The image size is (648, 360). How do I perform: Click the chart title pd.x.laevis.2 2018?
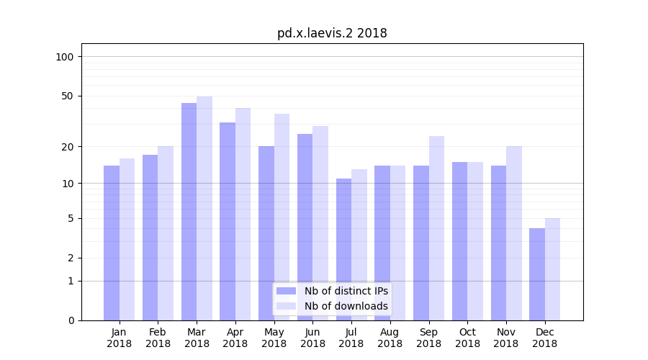click(332, 33)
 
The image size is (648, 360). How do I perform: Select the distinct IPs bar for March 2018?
click(189, 212)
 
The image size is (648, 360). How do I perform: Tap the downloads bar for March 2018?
click(204, 208)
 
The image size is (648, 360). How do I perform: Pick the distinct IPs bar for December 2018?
click(537, 274)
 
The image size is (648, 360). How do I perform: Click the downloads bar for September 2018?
click(436, 228)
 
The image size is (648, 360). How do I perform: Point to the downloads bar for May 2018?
click(282, 217)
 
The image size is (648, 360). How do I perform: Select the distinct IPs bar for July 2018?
click(343, 249)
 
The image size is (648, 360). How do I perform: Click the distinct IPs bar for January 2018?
click(112, 243)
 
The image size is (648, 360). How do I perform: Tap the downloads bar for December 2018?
click(552, 269)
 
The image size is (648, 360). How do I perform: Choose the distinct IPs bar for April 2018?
click(228, 221)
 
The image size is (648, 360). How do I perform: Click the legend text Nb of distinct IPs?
click(346, 291)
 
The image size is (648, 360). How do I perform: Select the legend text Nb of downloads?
click(346, 306)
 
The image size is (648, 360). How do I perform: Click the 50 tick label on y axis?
click(68, 96)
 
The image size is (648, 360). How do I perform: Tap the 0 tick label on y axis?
click(71, 320)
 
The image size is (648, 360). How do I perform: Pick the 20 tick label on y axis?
click(68, 147)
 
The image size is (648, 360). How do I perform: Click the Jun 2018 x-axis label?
click(312, 338)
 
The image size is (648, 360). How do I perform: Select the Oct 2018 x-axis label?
click(467, 338)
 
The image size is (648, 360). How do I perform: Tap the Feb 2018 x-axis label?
click(158, 338)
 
